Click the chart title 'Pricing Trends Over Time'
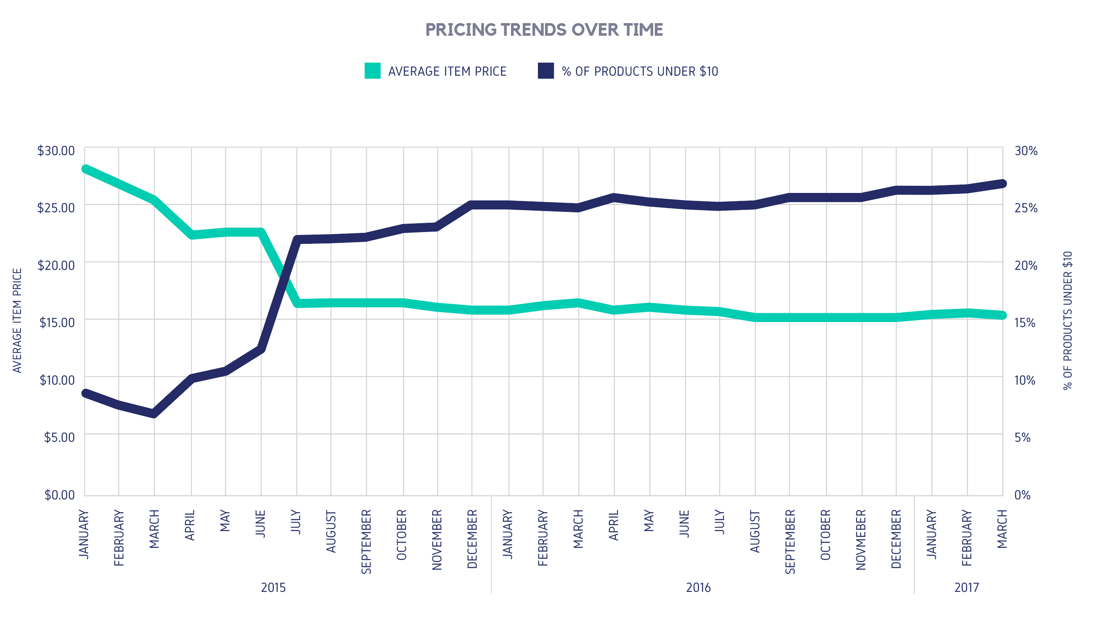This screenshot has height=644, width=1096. point(544,29)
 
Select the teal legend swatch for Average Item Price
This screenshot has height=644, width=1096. point(372,71)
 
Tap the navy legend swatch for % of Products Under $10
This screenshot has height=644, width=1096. point(545,71)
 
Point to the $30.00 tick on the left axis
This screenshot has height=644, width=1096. point(56,151)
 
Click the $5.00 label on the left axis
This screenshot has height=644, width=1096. point(59,438)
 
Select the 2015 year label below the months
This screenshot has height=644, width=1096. point(273,588)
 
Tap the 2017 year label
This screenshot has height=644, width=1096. point(966,588)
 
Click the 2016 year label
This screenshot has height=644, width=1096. point(698,588)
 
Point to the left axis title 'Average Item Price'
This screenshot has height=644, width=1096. point(17,320)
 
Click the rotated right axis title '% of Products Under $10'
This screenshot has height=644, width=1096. point(1068,320)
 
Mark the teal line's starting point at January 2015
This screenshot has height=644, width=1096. point(86,169)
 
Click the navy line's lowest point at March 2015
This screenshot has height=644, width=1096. point(154,414)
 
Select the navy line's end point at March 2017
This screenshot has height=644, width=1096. point(1002,184)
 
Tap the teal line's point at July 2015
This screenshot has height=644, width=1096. point(297,304)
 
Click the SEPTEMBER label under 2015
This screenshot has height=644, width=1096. point(366,542)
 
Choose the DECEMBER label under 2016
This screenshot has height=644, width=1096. point(896,539)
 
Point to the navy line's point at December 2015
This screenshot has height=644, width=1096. point(472,205)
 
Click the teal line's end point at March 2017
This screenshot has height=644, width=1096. point(1002,315)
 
